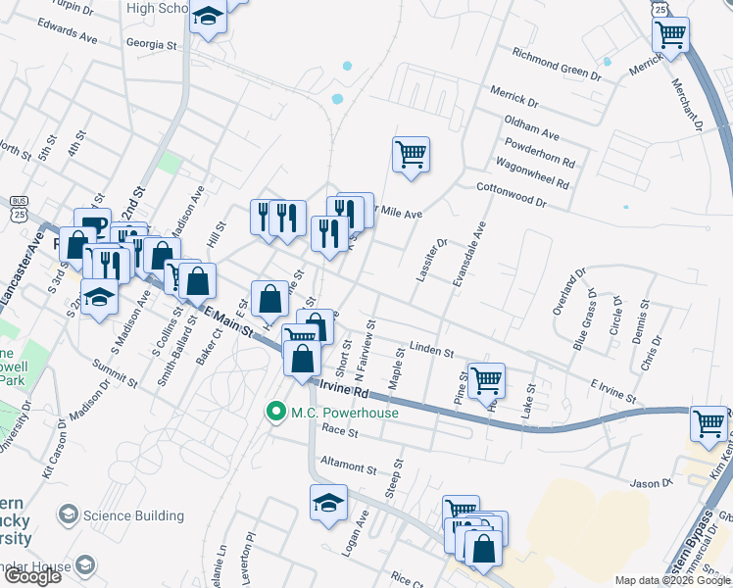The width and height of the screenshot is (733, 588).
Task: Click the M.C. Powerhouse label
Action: click(344, 413)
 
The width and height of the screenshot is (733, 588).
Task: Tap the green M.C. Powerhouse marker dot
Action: click(279, 413)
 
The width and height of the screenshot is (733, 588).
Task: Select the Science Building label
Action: click(133, 515)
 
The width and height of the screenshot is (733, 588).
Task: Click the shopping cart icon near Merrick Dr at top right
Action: click(671, 35)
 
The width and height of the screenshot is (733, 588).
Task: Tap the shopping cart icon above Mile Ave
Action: click(412, 154)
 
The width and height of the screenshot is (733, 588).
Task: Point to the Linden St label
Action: click(431, 350)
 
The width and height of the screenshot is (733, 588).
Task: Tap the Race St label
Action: click(340, 431)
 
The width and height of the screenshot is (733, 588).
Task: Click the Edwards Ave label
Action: click(68, 31)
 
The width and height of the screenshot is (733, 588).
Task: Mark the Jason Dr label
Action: click(651, 483)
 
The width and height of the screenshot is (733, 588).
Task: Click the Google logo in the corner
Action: click(33, 575)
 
